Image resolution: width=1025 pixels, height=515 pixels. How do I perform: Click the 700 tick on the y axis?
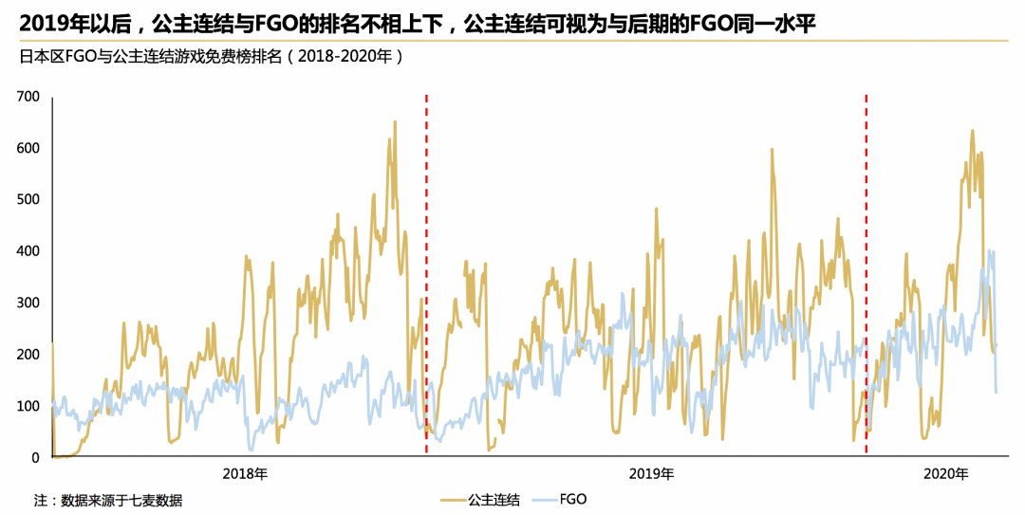(28, 97)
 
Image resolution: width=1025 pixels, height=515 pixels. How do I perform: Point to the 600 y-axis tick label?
(28, 148)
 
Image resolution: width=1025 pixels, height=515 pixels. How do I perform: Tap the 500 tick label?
(28, 200)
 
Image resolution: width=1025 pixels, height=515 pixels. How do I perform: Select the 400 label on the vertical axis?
(28, 251)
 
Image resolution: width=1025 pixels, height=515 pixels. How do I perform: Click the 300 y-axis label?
(28, 303)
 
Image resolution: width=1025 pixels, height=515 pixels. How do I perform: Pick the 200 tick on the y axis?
(28, 355)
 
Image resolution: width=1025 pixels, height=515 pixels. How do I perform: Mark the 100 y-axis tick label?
(28, 407)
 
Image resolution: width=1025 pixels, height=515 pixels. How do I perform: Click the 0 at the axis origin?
(35, 458)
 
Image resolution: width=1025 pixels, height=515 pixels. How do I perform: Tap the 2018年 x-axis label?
(245, 474)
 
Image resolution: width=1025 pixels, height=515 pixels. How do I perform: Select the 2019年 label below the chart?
(652, 474)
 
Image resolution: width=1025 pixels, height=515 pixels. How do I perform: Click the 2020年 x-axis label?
(946, 474)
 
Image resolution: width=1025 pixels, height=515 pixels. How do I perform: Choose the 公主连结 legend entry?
(480, 501)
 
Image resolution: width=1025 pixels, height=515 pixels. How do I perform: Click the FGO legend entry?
(559, 500)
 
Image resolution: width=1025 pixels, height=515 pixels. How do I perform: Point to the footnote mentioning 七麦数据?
(108, 502)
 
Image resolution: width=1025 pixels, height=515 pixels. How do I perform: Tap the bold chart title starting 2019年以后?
(418, 25)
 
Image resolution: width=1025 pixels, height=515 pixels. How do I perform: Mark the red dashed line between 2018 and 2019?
(426, 274)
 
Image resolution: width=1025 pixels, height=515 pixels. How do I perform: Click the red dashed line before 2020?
(867, 274)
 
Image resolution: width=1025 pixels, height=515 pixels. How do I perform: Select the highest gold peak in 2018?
(395, 121)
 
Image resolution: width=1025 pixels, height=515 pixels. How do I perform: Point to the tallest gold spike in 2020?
(972, 131)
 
